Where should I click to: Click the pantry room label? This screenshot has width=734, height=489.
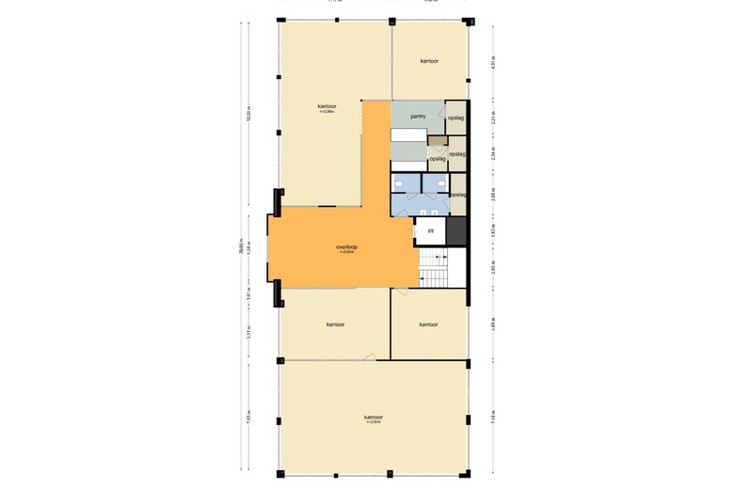[419, 117]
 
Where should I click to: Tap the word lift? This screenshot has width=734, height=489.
[430, 230]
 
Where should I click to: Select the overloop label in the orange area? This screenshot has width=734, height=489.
[346, 247]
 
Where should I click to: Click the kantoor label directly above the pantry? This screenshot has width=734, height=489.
[430, 61]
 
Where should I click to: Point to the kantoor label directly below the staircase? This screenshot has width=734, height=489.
[428, 324]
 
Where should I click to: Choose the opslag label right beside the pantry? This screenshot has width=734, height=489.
[455, 118]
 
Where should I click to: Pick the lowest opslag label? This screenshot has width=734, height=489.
[458, 195]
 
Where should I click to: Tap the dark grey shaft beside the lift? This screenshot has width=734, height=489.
[456, 231]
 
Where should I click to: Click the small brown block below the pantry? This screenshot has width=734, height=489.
[436, 139]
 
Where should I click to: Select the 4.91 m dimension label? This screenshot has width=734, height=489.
[494, 63]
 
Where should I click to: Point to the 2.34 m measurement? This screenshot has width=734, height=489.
[494, 152]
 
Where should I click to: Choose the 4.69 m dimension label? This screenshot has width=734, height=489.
[494, 324]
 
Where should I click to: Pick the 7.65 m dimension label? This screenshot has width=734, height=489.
[248, 417]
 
